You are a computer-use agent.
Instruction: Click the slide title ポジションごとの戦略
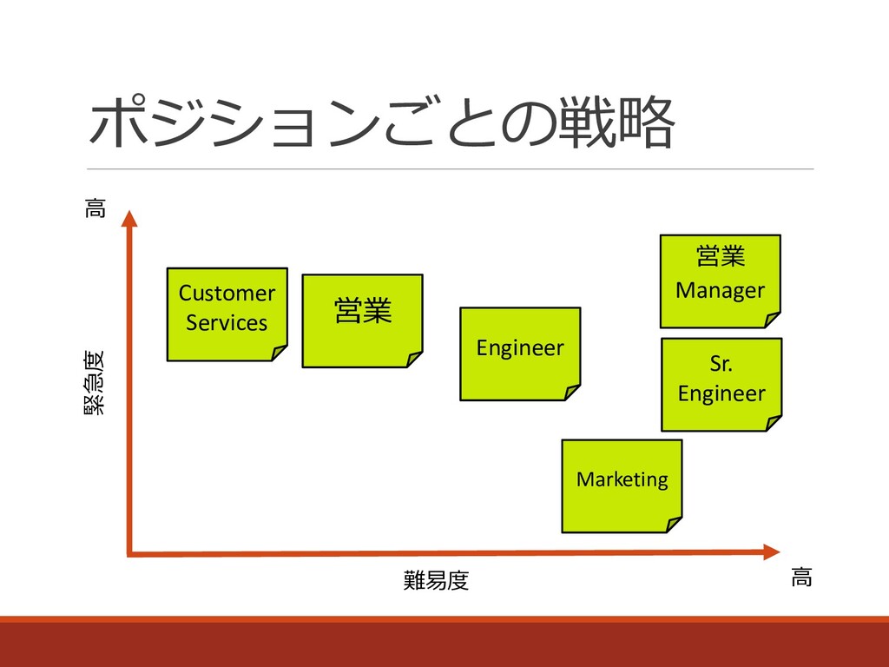pyautogui.click(x=382, y=122)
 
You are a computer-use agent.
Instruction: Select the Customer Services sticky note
pyautogui.click(x=227, y=314)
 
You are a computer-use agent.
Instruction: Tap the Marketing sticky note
pyautogui.click(x=622, y=485)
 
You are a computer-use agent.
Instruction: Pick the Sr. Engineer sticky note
pyautogui.click(x=721, y=384)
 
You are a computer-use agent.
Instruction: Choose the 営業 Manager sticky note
pyautogui.click(x=720, y=281)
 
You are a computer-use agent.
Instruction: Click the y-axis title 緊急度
pyautogui.click(x=93, y=381)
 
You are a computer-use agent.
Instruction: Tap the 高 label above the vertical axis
pyautogui.click(x=95, y=208)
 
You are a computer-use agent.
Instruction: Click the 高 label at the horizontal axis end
pyautogui.click(x=801, y=577)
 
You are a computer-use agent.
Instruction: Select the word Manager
pyautogui.click(x=720, y=290)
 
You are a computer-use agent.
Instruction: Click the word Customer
pyautogui.click(x=227, y=294)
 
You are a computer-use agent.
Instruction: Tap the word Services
pyautogui.click(x=227, y=323)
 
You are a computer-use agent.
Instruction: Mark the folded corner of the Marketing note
pyautogui.click(x=673, y=523)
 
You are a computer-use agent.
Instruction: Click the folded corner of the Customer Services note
pyautogui.click(x=279, y=352)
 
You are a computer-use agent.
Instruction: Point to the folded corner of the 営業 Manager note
pyautogui.click(x=772, y=318)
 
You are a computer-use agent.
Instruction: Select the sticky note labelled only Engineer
pyautogui.click(x=520, y=353)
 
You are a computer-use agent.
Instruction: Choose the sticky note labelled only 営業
pyautogui.click(x=362, y=320)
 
